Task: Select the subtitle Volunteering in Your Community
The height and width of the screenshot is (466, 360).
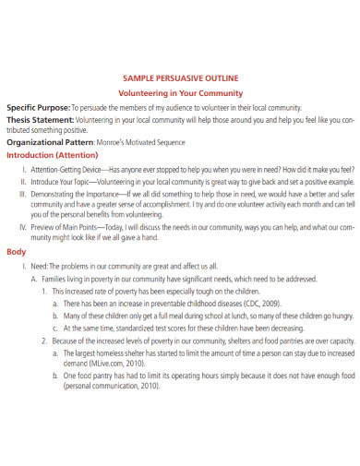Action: pos(181,93)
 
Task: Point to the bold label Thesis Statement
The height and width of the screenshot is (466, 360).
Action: pos(40,119)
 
